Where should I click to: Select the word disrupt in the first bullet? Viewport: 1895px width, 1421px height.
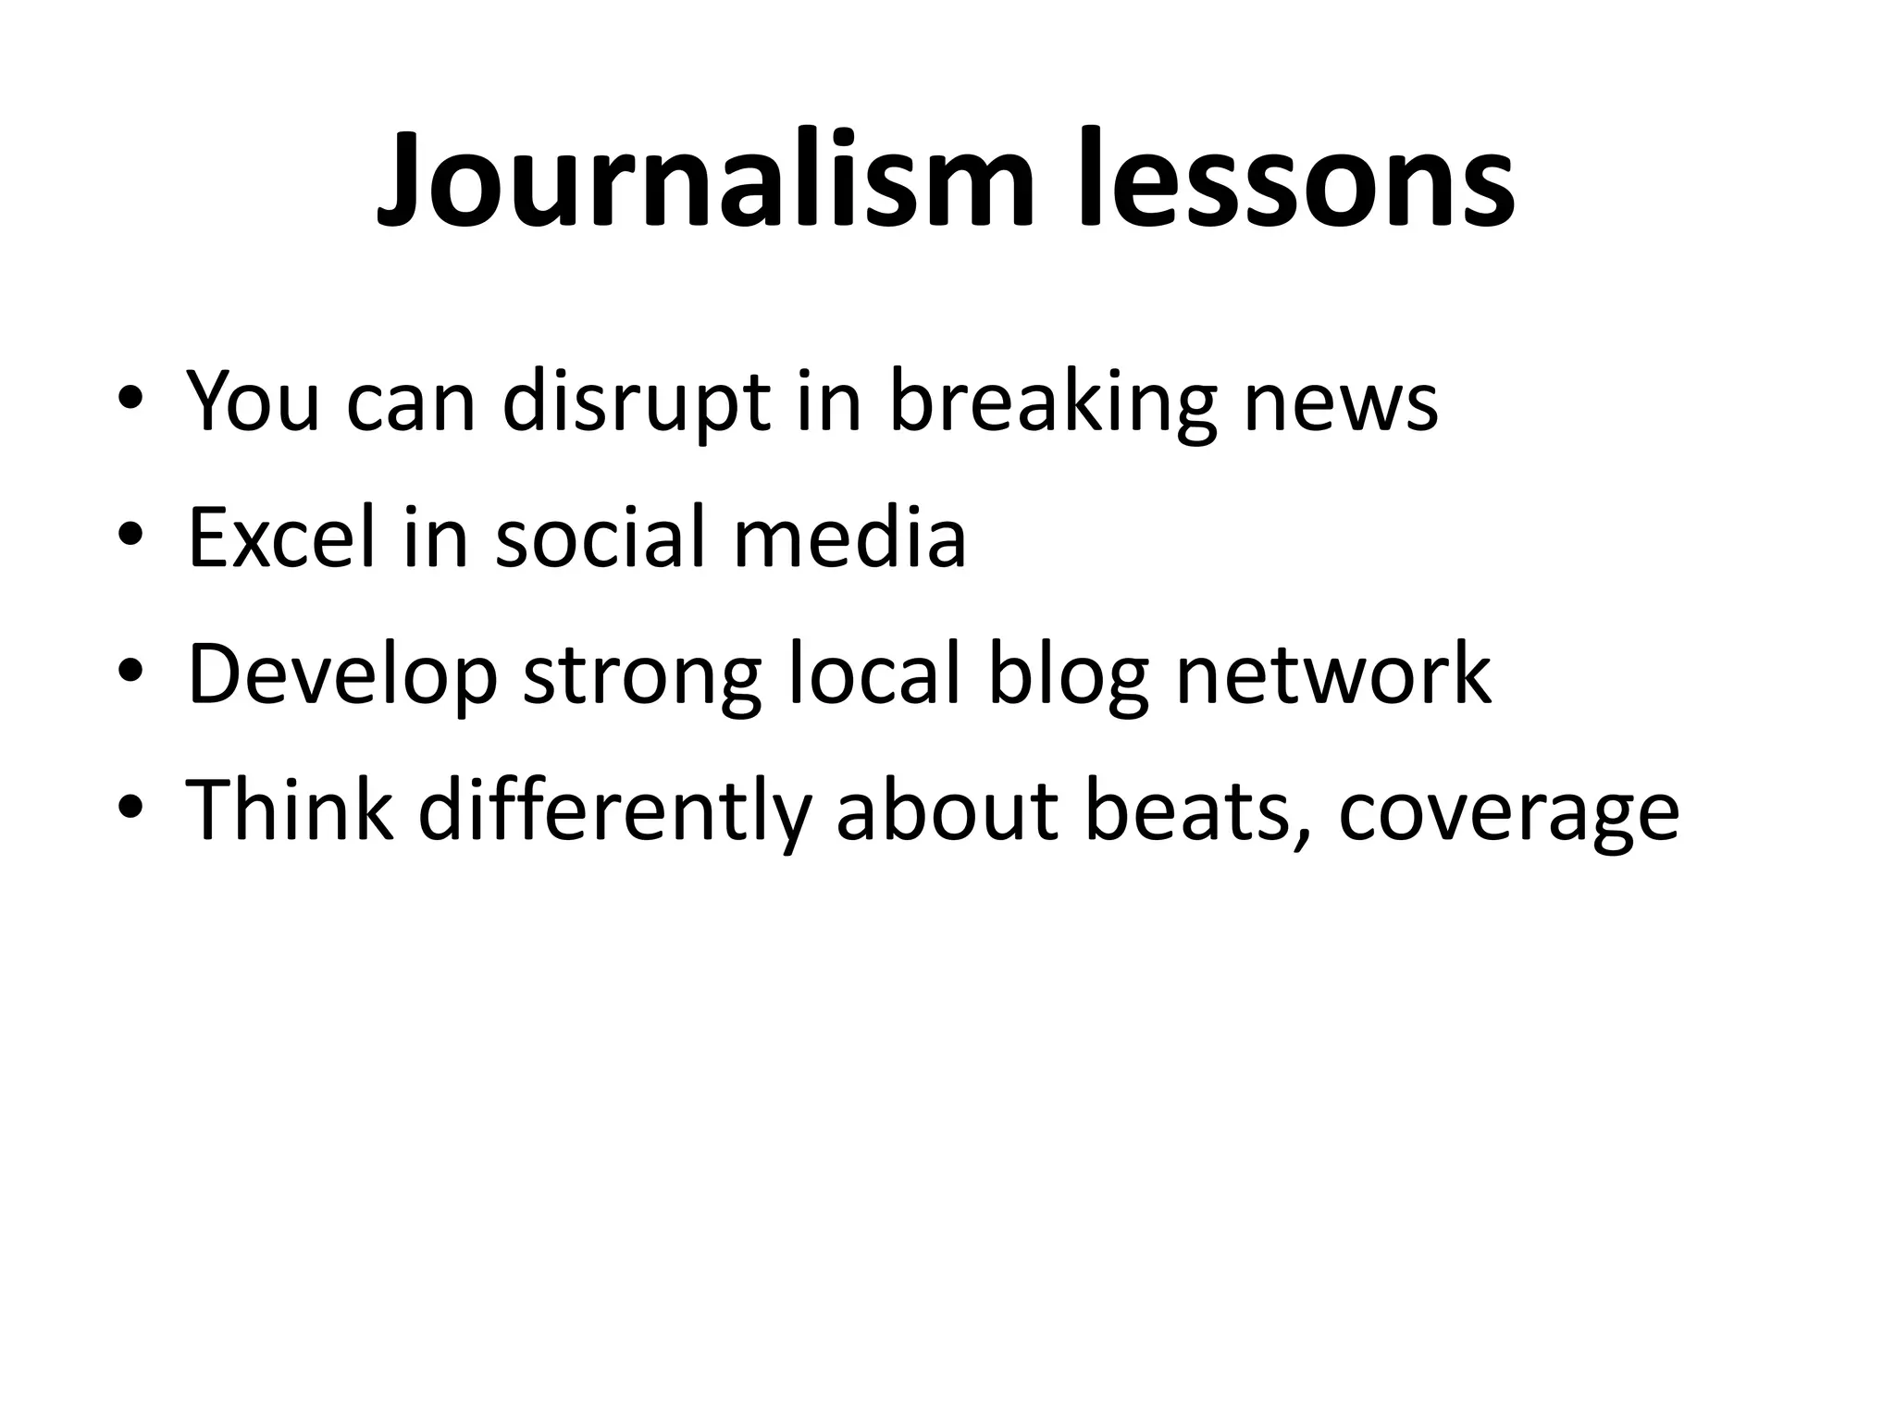coord(637,402)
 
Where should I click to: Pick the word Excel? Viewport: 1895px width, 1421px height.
coord(282,538)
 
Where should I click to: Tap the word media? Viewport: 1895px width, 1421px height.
coord(849,538)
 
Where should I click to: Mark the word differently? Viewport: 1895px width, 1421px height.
coord(615,811)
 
